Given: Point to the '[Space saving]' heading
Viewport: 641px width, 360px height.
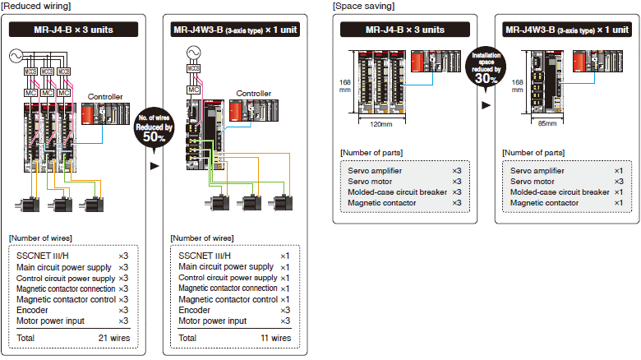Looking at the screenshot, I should (363, 6).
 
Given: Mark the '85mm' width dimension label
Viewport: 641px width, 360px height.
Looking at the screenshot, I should (546, 124).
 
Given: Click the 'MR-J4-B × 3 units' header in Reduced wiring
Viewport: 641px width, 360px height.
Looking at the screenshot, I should (72, 30).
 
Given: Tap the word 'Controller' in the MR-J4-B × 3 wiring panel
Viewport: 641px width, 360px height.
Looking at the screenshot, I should (104, 97).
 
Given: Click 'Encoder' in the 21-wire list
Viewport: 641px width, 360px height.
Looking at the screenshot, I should (34, 310).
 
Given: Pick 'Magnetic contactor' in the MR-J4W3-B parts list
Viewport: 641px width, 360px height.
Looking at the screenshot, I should (544, 203).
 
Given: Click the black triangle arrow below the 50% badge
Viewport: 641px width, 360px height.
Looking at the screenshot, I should (154, 165).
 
